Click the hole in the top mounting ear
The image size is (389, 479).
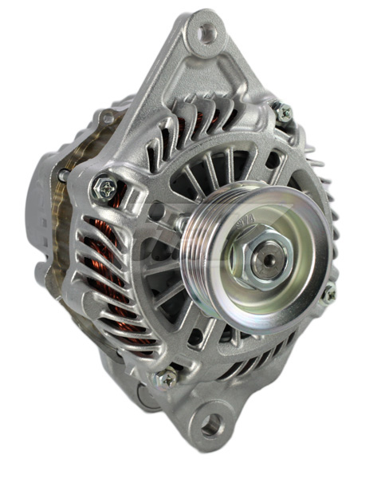207,33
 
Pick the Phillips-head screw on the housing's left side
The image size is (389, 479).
105,188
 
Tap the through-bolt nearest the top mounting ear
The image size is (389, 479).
282,113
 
